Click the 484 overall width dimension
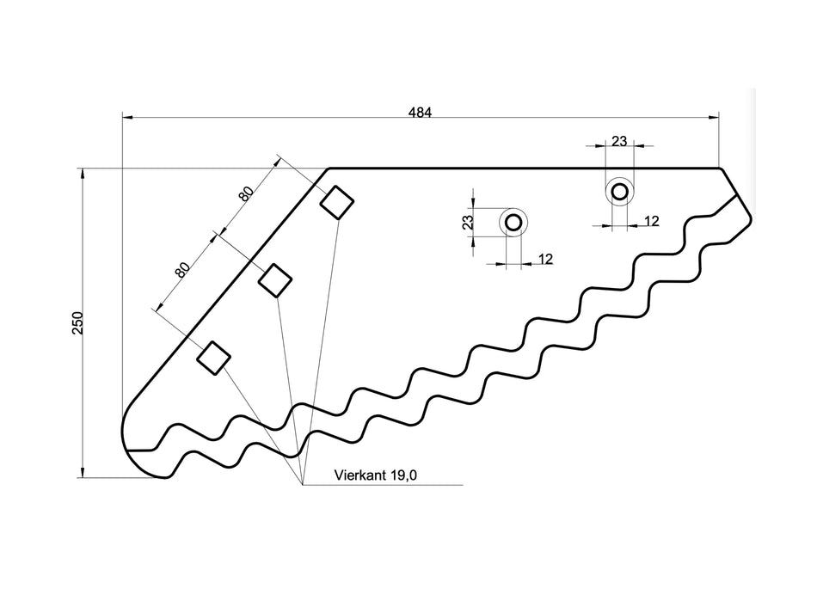coord(420,111)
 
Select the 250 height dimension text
coord(77,322)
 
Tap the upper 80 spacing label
coord(246,193)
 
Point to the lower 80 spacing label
coord(182,270)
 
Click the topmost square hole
coord(337,202)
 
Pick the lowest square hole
coord(213,357)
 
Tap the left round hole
coord(513,223)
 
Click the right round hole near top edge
coord(618,191)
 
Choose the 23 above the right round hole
coord(618,140)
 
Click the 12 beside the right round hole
coord(651,221)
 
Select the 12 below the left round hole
coord(545,259)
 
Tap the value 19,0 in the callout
coord(402,475)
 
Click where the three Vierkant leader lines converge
coord(303,485)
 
